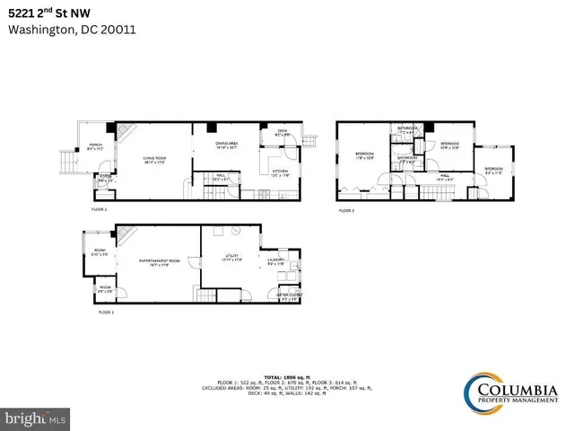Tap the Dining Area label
point(226,145)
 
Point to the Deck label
point(281,134)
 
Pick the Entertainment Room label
point(154,262)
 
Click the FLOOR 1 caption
point(107,313)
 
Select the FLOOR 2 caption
point(99,208)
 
